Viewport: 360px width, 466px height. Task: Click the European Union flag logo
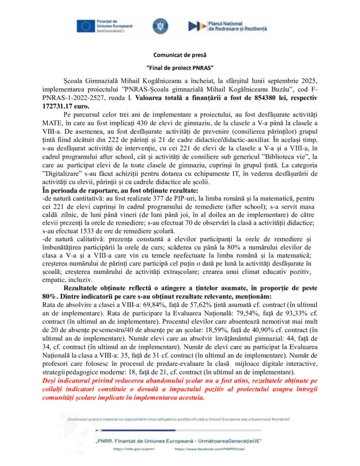pos(85,26)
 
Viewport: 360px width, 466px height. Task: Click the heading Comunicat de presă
pos(180,55)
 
